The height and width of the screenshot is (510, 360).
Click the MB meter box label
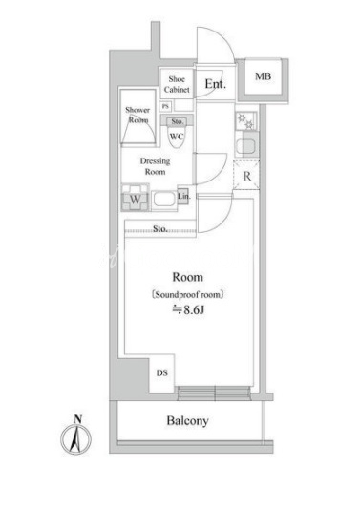[x=263, y=76]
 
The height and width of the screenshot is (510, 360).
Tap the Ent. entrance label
[x=215, y=84]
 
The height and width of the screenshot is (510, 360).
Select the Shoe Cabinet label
[x=177, y=84]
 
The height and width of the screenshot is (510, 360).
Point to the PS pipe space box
[x=165, y=106]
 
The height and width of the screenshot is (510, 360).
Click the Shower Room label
[x=138, y=115]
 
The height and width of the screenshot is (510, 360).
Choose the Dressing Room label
[x=155, y=166]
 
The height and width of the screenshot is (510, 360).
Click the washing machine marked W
[x=136, y=198]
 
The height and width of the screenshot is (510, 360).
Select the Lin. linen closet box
[x=183, y=197]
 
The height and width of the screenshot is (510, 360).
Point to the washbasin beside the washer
[x=164, y=200]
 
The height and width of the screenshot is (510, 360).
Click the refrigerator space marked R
[x=246, y=176]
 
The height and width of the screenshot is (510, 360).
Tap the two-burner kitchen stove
[x=245, y=121]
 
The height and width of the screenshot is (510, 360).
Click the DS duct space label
[x=162, y=372]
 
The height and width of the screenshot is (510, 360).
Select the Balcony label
[x=187, y=421]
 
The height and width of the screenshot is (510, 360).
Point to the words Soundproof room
[x=188, y=295]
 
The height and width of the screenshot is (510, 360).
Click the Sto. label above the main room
[x=160, y=228]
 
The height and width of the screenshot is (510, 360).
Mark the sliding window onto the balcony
[x=215, y=393]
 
